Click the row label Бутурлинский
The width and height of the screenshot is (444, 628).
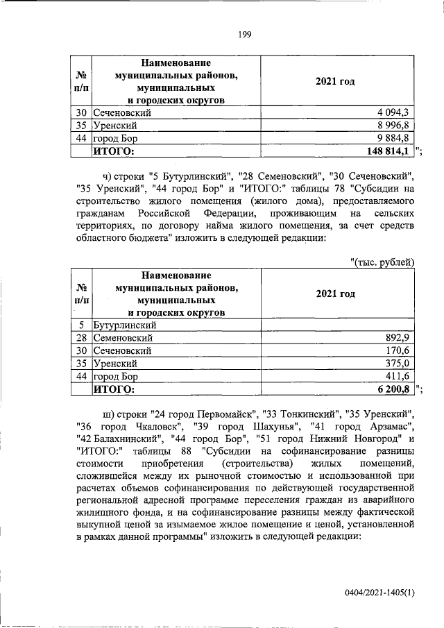125,325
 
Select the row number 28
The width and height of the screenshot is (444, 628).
81,338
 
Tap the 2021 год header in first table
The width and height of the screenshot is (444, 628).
336,82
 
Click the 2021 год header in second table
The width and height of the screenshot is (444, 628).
336,294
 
